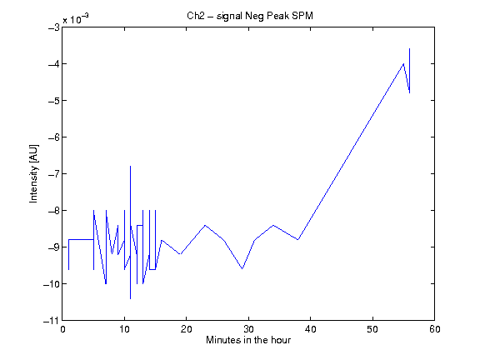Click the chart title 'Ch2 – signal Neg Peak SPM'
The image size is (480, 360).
tap(250, 16)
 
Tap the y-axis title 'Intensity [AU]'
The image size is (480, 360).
tap(33, 173)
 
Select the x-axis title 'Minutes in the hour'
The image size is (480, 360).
tap(248, 340)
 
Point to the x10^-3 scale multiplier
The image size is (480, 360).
tap(76, 18)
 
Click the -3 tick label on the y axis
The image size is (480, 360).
tap(54, 27)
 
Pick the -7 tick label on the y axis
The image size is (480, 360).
tap(54, 174)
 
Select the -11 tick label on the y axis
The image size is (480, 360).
tap(51, 321)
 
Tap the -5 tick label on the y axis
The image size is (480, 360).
tap(54, 100)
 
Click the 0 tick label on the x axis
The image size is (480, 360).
tap(62, 329)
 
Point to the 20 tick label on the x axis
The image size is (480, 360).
tap(187, 329)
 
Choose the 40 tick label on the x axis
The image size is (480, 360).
tap(310, 329)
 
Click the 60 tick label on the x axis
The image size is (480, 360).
tap(434, 329)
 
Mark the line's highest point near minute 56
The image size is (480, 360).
tap(410, 49)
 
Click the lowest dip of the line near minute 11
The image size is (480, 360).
tap(130, 298)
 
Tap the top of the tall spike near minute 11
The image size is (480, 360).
tap(130, 166)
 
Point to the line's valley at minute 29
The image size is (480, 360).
tap(242, 269)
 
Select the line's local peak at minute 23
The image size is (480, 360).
tap(205, 225)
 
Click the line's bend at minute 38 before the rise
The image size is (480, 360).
tap(297, 240)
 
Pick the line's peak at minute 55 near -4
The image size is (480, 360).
tap(403, 63)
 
